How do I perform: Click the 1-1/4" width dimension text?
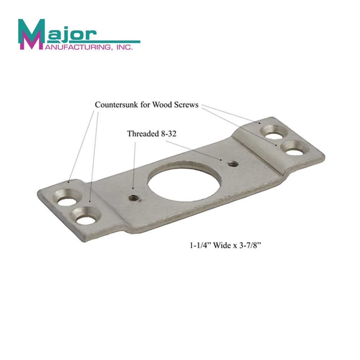pyautogui.click(x=201, y=247)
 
